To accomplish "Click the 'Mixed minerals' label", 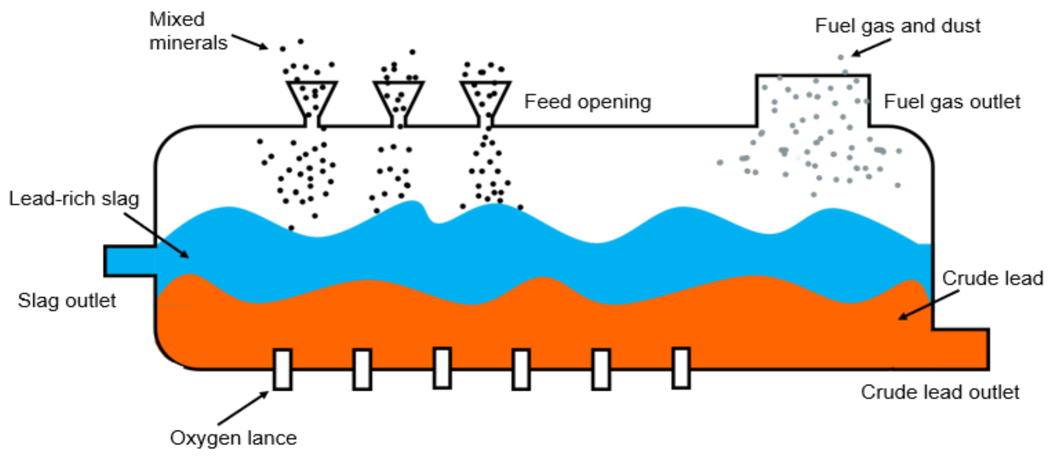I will (188, 31).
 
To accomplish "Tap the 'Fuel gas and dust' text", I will (897, 26).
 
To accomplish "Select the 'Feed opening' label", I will (587, 102).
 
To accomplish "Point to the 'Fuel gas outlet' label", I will (952, 102).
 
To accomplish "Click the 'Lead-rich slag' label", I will (74, 199).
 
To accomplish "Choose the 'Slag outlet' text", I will (67, 301).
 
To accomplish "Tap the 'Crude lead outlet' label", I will (940, 392).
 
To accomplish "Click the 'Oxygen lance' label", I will (233, 438).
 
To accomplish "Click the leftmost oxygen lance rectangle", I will (282, 369).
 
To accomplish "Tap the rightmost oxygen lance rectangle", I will (681, 368).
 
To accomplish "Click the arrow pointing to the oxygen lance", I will (244, 408).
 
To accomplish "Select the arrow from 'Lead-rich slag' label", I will (157, 235).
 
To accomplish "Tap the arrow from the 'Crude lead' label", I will (929, 305).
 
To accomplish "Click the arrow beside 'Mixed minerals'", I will (250, 42).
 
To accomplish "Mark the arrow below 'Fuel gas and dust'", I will (871, 48).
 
